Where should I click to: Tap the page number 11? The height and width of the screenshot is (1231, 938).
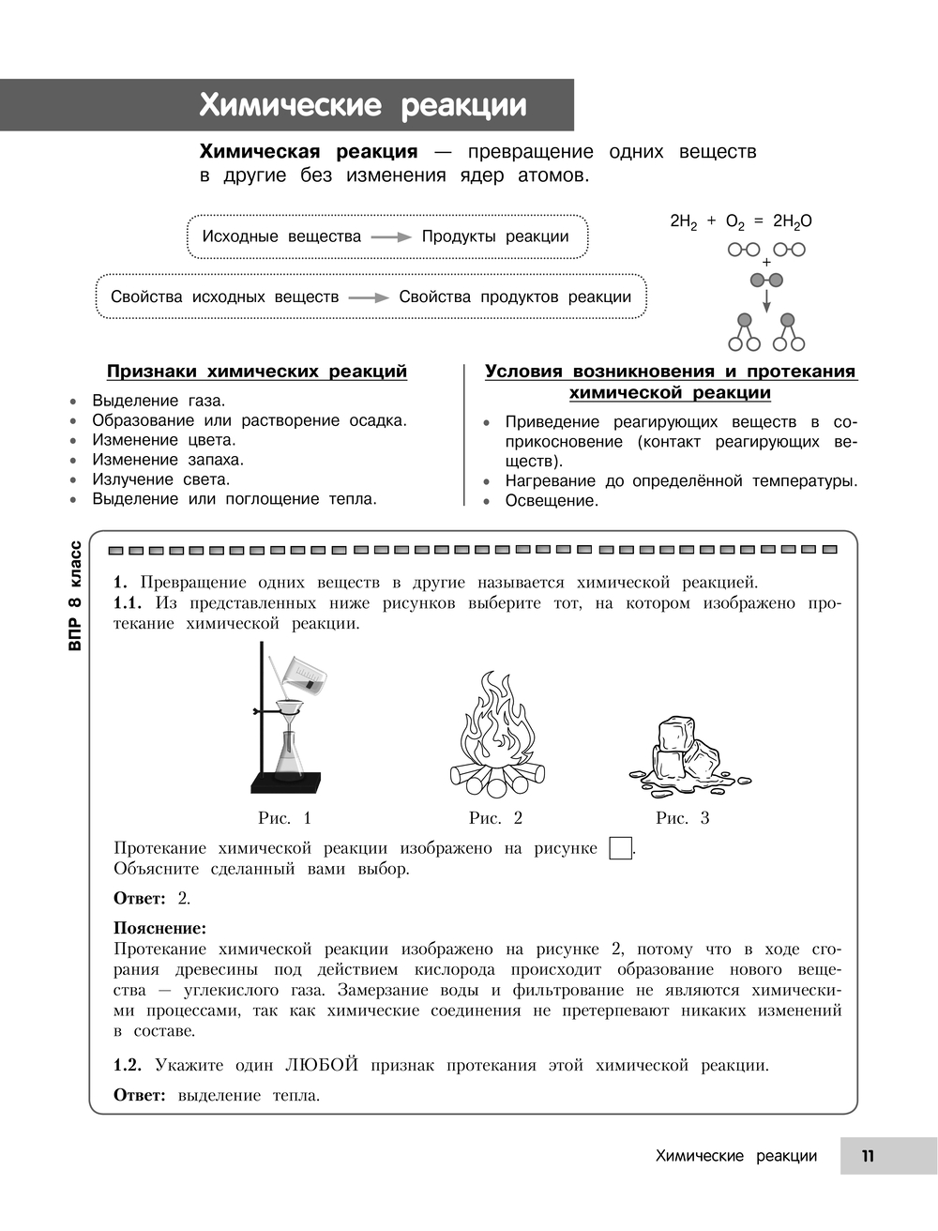coord(868,1156)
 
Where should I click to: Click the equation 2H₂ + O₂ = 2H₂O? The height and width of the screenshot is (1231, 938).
coord(741,221)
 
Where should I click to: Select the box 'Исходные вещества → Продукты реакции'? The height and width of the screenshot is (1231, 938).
coord(386,236)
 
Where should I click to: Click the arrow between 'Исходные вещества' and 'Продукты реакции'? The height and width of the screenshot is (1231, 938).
coord(391,237)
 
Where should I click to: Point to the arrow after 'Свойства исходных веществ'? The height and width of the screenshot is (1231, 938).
coord(369,297)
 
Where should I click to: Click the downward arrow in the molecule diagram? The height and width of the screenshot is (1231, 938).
coord(766,301)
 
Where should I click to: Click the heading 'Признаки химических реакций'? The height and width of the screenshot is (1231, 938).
coord(257,372)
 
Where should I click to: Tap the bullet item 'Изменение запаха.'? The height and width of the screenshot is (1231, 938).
coord(167,460)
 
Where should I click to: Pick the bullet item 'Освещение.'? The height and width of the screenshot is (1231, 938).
coord(552,501)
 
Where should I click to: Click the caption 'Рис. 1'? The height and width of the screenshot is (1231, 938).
coord(284,818)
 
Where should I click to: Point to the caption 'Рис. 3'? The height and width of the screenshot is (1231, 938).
coord(682,818)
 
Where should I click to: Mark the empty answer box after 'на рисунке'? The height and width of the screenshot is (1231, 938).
coord(620,848)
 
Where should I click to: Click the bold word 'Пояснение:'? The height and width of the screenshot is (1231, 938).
coord(159,929)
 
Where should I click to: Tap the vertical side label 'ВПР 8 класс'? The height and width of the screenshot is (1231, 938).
coord(76,597)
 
